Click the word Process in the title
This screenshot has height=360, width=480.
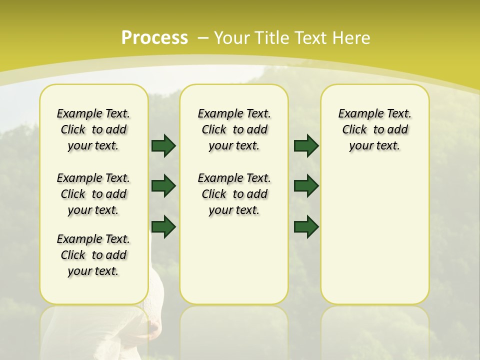pos(154,38)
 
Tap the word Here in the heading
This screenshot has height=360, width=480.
pos(350,38)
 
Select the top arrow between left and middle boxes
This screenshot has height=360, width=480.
pos(163,145)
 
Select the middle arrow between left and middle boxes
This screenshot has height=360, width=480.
pos(163,186)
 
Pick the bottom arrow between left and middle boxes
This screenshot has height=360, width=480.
pos(163,227)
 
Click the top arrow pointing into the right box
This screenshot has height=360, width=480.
pos(306,145)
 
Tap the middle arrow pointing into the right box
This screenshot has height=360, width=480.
pos(306,186)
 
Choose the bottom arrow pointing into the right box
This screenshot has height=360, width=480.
pos(306,227)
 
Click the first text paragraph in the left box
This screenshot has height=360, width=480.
pos(93,129)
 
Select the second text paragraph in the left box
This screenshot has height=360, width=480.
pos(93,194)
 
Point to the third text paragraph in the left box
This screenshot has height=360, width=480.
pos(93,255)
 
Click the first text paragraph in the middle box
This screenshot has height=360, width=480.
pos(234,129)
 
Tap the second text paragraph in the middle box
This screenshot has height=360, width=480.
pos(234,194)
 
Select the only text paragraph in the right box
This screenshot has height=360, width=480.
pos(374,129)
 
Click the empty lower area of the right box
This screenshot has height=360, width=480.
pos(374,235)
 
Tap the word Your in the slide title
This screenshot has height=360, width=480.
pos(232,38)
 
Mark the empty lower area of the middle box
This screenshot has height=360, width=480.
pos(234,260)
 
